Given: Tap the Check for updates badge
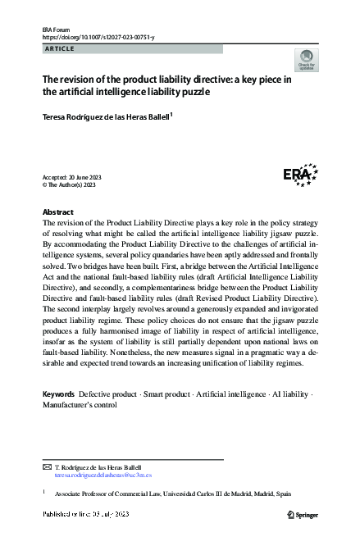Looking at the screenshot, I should coord(306,60).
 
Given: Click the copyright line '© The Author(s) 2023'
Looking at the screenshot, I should coord(69,185).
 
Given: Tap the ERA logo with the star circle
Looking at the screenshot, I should coord(300,174).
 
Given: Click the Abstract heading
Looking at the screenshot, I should coord(57,212).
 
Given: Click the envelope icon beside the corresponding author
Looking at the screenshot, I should coord(47,466).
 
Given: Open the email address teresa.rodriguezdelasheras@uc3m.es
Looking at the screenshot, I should coord(103,475).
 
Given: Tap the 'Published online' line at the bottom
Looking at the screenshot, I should coord(86,514).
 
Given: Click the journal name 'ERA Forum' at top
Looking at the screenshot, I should coord(58,29).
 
